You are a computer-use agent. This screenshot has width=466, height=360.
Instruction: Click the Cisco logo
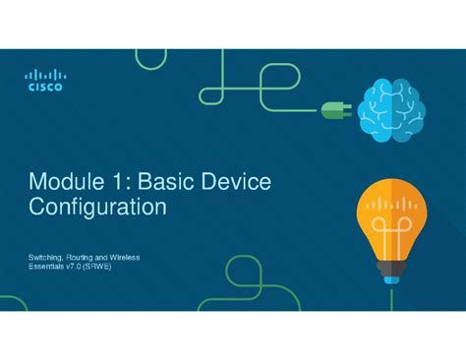pos(46,79)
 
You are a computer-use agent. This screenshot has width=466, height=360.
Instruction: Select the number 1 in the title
pos(126,181)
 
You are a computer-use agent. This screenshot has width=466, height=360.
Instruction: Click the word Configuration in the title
pos(97,209)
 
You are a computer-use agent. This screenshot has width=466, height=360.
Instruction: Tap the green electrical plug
pos(333,111)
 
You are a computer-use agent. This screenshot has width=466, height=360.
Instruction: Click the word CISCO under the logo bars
pos(46,87)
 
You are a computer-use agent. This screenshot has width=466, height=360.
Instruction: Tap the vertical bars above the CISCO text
pos(46,73)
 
